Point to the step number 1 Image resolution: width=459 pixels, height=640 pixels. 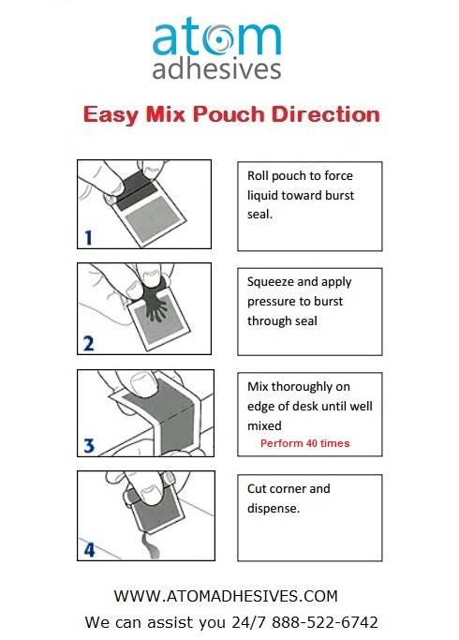(88, 239)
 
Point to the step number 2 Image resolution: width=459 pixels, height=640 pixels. (88, 343)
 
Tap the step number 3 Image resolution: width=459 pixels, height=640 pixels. (88, 446)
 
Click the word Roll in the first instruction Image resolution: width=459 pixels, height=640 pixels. (259, 175)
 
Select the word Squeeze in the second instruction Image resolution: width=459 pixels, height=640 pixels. (273, 281)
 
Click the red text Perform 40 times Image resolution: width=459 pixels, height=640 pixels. (304, 443)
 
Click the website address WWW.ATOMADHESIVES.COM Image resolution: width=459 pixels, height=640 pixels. (225, 595)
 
